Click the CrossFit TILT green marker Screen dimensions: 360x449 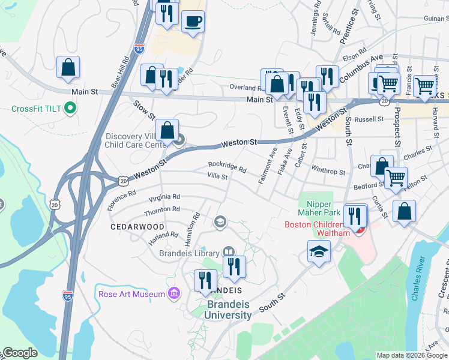tap(70, 109)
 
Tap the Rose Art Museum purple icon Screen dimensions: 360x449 tap(174, 293)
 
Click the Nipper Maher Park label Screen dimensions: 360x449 tap(316, 207)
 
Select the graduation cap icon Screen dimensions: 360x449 tap(319, 252)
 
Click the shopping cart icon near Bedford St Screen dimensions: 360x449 tap(396, 177)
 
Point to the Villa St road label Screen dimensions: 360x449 tap(217, 176)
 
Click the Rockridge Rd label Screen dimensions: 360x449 tap(228, 166)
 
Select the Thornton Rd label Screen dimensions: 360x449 tap(162, 209)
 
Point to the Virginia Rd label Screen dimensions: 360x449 tap(164, 197)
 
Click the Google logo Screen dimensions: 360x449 tap(19, 353)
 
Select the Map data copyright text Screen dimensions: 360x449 tap(411, 355)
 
